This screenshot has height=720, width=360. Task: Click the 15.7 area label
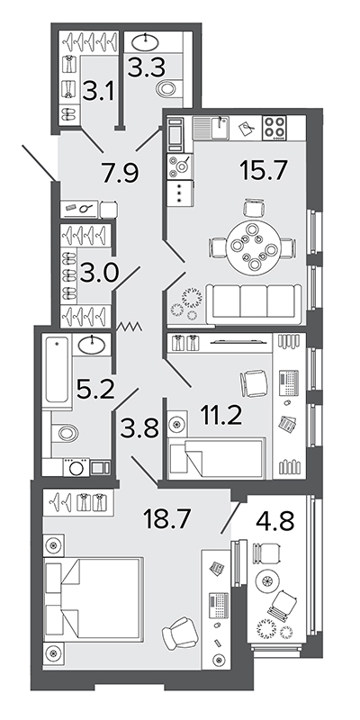pos(263,171)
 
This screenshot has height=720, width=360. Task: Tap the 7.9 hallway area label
pos(121,172)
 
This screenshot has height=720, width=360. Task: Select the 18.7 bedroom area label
pos(166,520)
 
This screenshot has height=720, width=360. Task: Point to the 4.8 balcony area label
pos(275,520)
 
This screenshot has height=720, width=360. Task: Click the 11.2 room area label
pos(221,415)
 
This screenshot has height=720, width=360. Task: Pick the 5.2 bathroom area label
pos(95,391)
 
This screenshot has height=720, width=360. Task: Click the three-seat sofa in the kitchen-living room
pos(254,301)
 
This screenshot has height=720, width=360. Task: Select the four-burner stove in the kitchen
pos(274,127)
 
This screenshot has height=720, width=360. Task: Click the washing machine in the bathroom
pos(76,467)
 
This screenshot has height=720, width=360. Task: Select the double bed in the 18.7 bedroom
pos(94,598)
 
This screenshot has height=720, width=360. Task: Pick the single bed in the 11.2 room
pos(217,458)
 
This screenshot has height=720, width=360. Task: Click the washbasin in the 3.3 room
pos(147,42)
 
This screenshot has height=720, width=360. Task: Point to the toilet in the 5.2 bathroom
pos(64,433)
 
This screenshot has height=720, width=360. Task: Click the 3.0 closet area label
pos(99,274)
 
